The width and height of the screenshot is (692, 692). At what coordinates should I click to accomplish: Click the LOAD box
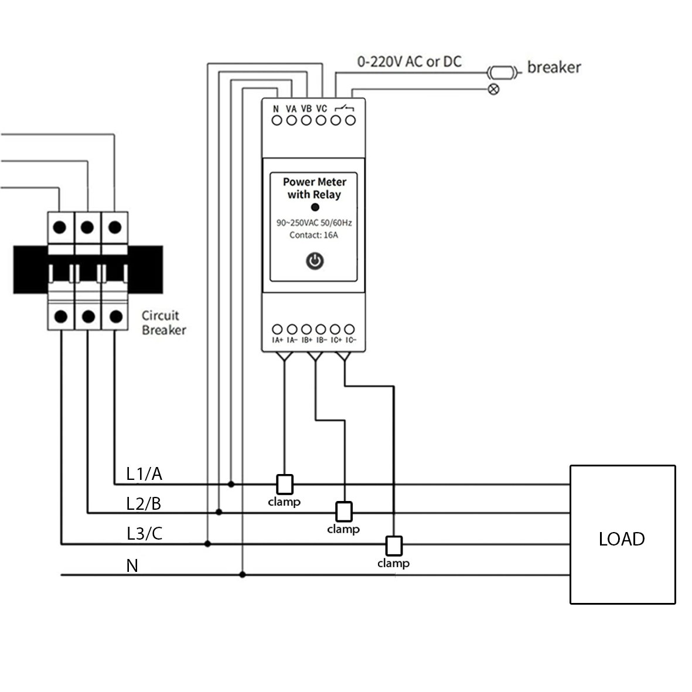[x=622, y=534]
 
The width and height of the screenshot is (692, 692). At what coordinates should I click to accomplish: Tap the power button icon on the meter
[x=315, y=261]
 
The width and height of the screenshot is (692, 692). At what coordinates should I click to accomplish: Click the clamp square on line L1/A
[x=285, y=484]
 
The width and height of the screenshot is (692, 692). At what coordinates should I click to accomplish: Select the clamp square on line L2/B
[x=344, y=512]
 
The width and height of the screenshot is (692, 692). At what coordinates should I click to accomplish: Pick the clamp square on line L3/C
[x=394, y=545]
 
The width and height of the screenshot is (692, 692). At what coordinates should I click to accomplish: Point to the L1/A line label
[x=144, y=473]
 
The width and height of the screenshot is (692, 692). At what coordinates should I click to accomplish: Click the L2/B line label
[x=144, y=503]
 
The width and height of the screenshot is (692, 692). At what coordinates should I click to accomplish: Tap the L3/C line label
[x=144, y=533]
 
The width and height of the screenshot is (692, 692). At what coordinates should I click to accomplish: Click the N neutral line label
[x=132, y=565]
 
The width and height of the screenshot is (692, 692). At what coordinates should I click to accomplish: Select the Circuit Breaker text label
[x=163, y=322]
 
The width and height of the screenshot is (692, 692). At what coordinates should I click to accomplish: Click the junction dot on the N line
[x=243, y=575]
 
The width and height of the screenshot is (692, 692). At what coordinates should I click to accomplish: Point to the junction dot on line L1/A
[x=231, y=484]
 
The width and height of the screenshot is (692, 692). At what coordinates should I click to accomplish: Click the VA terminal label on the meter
[x=291, y=108]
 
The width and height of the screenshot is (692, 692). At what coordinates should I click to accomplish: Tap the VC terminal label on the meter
[x=321, y=108]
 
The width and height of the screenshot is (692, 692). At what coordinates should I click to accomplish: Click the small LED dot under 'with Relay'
[x=315, y=207]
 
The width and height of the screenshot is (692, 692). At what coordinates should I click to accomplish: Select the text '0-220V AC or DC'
[x=409, y=62]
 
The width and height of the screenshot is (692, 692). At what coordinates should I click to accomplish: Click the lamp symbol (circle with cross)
[x=494, y=89]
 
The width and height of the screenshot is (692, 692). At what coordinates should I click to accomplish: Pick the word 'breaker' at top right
[x=554, y=67]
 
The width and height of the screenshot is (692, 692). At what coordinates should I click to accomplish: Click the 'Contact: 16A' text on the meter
[x=313, y=235]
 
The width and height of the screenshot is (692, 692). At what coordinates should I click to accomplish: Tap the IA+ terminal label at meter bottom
[x=277, y=340]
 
